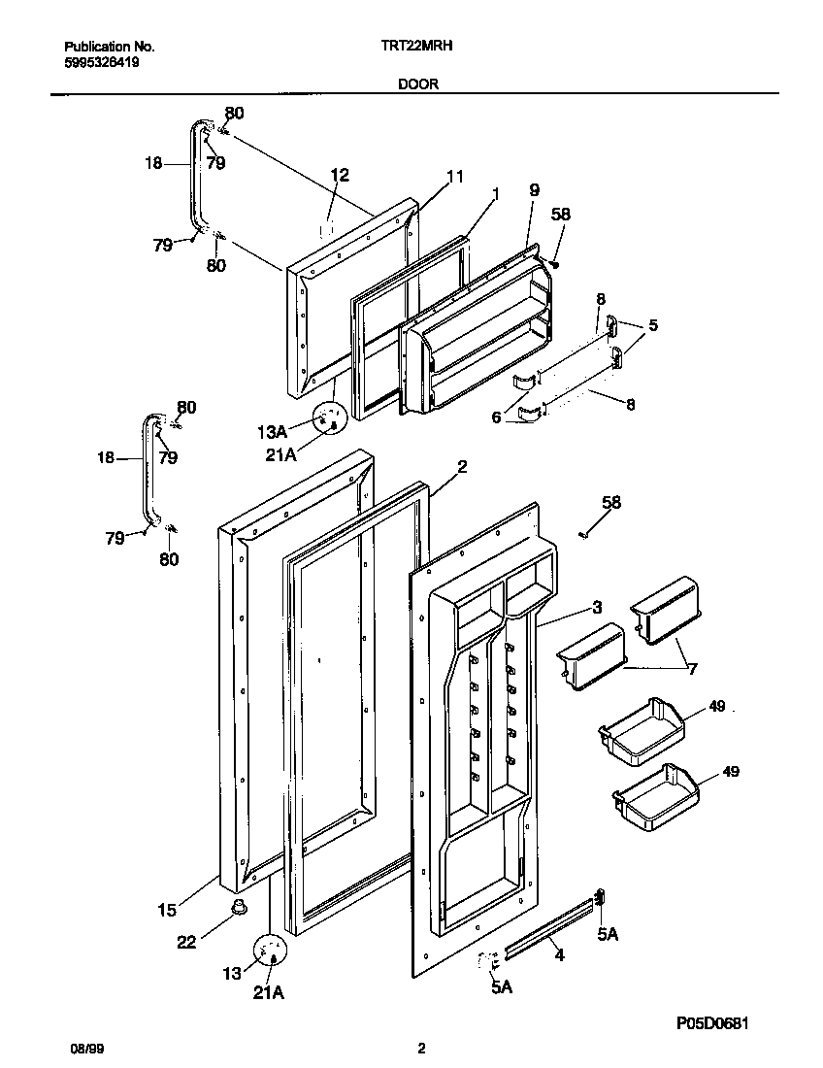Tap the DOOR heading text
(x=417, y=84)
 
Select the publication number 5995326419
(x=102, y=60)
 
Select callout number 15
(x=167, y=910)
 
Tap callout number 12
(x=339, y=175)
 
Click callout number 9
(x=533, y=190)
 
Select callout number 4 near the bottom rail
(x=559, y=954)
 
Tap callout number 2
(x=462, y=466)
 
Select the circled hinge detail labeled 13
(x=272, y=952)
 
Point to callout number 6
(x=496, y=417)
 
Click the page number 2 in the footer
(x=420, y=1049)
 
